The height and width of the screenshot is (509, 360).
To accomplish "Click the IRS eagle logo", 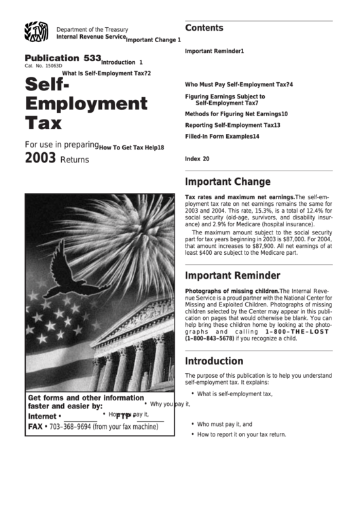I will click(36, 33).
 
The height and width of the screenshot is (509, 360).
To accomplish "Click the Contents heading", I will click(204, 29).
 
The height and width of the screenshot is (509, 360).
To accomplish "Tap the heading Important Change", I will click(228, 182).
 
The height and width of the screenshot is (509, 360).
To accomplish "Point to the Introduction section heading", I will click(214, 362).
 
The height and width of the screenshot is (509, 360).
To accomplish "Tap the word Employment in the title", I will click(86, 105).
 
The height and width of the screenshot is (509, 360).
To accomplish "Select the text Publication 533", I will click(62, 58).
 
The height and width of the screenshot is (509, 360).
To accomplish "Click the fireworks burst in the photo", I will click(129, 231).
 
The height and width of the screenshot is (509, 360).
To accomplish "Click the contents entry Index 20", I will click(197, 159).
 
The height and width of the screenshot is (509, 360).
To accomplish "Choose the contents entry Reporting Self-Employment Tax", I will click(232, 125).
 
